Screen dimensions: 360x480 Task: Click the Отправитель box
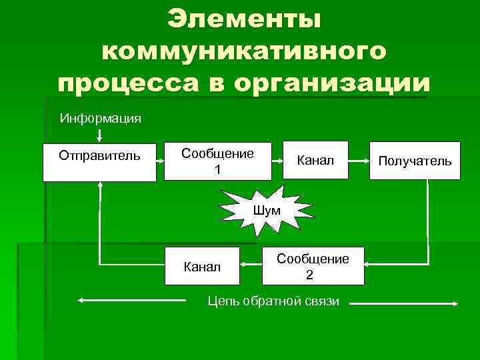pos(99,162)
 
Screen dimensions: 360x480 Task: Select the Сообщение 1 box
pos(218,161)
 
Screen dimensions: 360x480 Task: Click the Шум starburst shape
pos(267,210)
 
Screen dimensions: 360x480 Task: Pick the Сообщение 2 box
pos(313,266)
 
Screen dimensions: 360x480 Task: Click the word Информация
pos(100,119)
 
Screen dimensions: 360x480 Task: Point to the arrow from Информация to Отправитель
pos(99,135)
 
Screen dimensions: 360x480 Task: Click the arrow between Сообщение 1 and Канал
pos(278,161)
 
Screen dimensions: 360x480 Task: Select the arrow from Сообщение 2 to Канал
pos(251,265)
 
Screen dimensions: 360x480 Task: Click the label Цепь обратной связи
pos(273,301)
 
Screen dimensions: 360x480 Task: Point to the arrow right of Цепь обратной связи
pos(405,304)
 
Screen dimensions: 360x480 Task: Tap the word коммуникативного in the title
pos(244,51)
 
